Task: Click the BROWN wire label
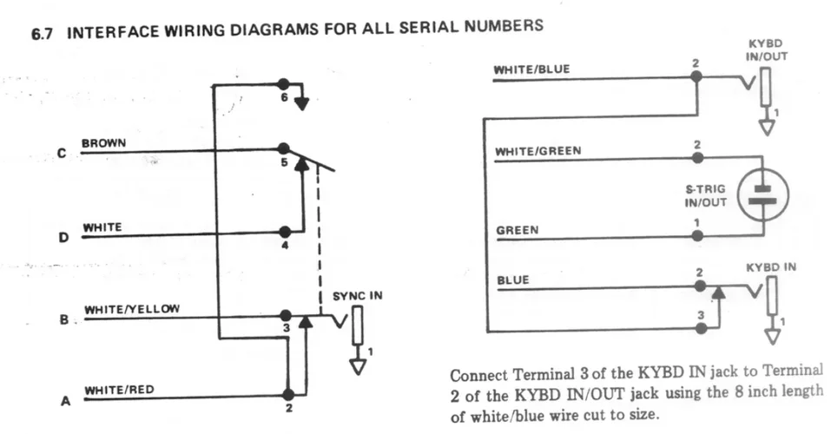[x=103, y=141]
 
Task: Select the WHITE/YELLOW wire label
[x=131, y=309]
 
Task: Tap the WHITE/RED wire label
[x=119, y=390]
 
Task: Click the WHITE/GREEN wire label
[x=538, y=151]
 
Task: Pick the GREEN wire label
[x=517, y=230]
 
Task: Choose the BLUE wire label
[x=513, y=280]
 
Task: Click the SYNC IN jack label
[x=357, y=296]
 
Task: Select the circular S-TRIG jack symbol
[x=763, y=194]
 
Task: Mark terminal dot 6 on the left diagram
[x=282, y=83]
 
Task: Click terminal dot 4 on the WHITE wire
[x=284, y=232]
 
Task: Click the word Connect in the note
[x=477, y=377]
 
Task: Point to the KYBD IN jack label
[x=770, y=266]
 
